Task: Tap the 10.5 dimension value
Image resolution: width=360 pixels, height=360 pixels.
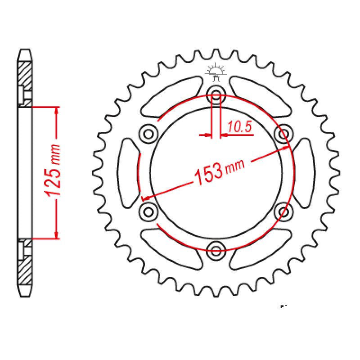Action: click(x=239, y=128)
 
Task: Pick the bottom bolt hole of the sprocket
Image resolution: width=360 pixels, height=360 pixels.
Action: click(x=216, y=249)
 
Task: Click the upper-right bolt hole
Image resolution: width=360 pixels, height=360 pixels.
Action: click(x=284, y=133)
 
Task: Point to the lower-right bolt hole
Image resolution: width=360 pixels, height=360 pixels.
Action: click(x=284, y=211)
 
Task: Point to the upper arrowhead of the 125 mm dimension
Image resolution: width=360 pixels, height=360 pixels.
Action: click(x=56, y=111)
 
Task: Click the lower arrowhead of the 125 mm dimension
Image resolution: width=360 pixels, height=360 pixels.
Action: click(x=56, y=234)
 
